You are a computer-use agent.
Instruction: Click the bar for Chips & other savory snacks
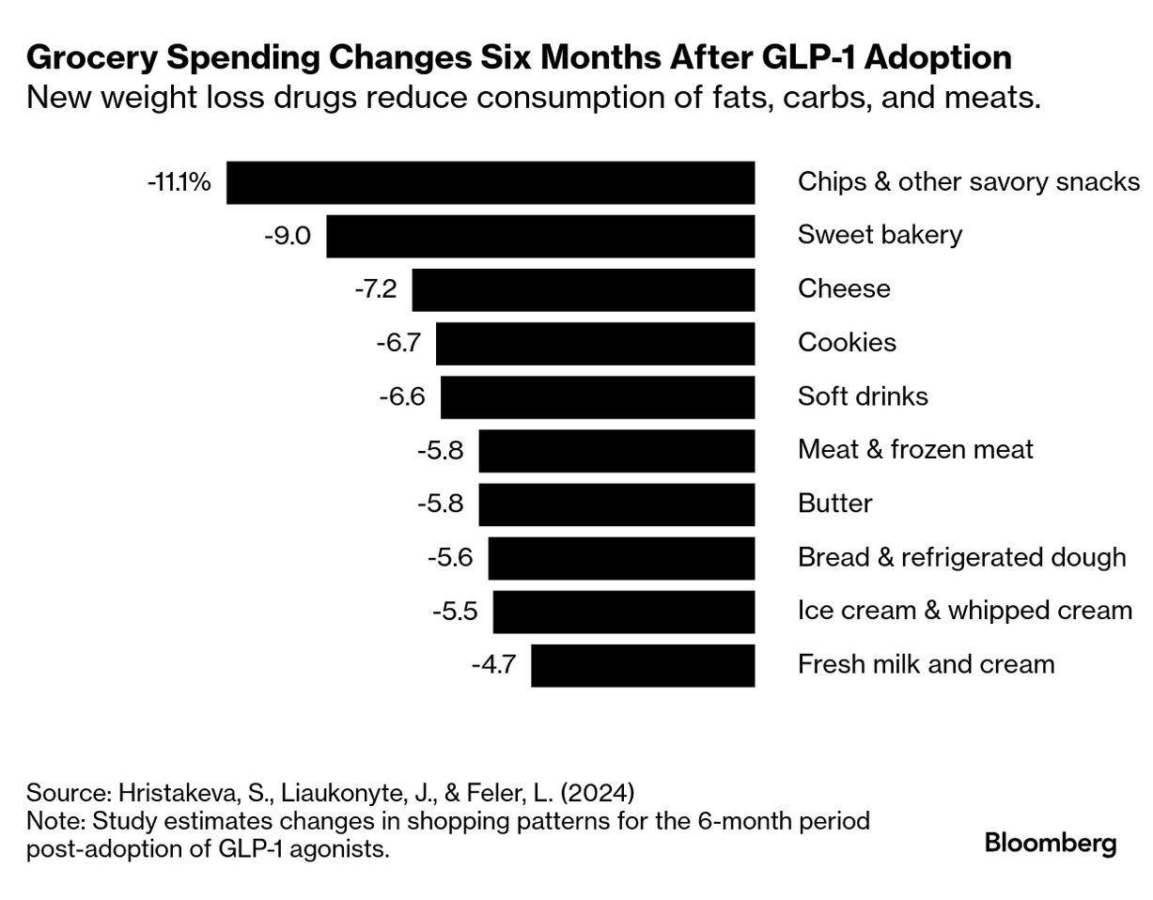(x=490, y=182)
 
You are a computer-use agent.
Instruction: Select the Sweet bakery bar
(x=540, y=236)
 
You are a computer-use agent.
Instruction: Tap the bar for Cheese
(x=583, y=289)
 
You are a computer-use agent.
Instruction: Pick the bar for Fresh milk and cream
(x=643, y=665)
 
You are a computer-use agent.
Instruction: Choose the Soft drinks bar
(x=597, y=396)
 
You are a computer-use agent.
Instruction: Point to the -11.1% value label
(x=179, y=182)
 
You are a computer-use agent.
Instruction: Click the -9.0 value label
(x=288, y=236)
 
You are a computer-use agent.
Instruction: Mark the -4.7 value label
(x=493, y=665)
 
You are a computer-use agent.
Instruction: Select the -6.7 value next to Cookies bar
(x=398, y=343)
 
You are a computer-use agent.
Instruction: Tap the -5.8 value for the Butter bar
(x=440, y=504)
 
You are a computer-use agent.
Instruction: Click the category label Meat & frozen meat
(x=914, y=450)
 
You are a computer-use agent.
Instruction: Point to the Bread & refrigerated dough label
(x=961, y=557)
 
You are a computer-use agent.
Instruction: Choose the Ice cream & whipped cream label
(x=964, y=611)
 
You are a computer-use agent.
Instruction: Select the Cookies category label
(x=847, y=343)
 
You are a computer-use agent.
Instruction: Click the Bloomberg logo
(x=1050, y=843)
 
